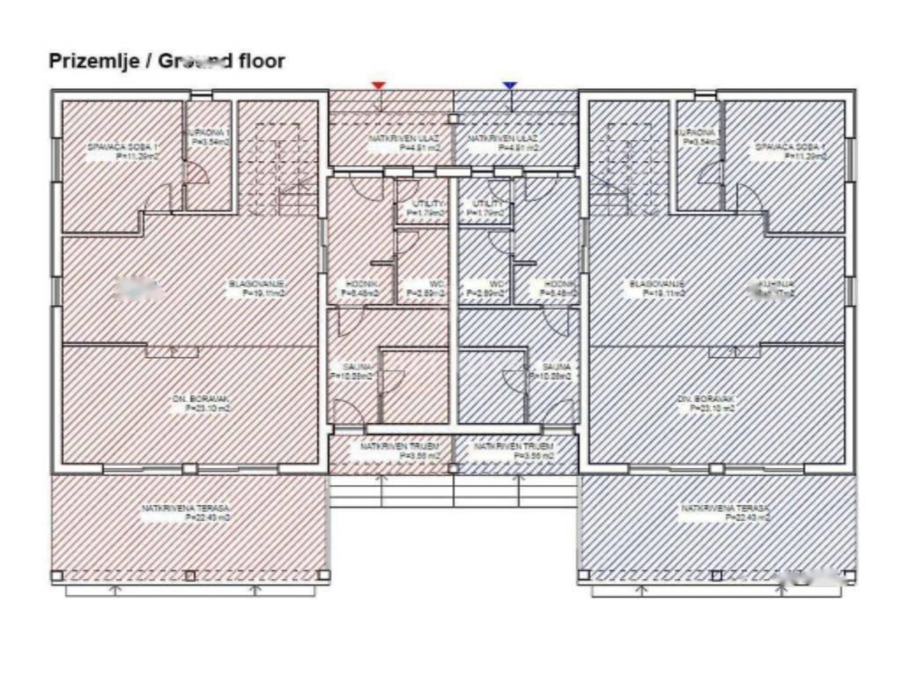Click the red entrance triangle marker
click(378, 86)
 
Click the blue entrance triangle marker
click(509, 86)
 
